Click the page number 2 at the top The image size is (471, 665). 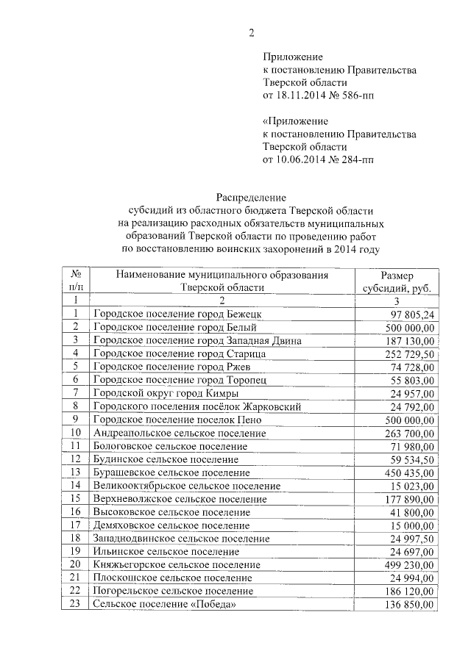(x=251, y=32)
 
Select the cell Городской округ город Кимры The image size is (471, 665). (x=166, y=393)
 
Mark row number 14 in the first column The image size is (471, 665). (x=74, y=486)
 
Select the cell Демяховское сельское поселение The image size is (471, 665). (x=171, y=525)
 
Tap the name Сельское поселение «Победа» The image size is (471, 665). (x=164, y=604)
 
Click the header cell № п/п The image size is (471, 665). (x=74, y=281)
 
